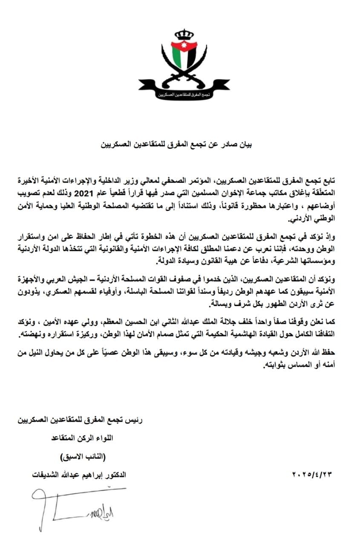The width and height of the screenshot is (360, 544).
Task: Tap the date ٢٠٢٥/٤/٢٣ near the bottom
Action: point(311,474)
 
